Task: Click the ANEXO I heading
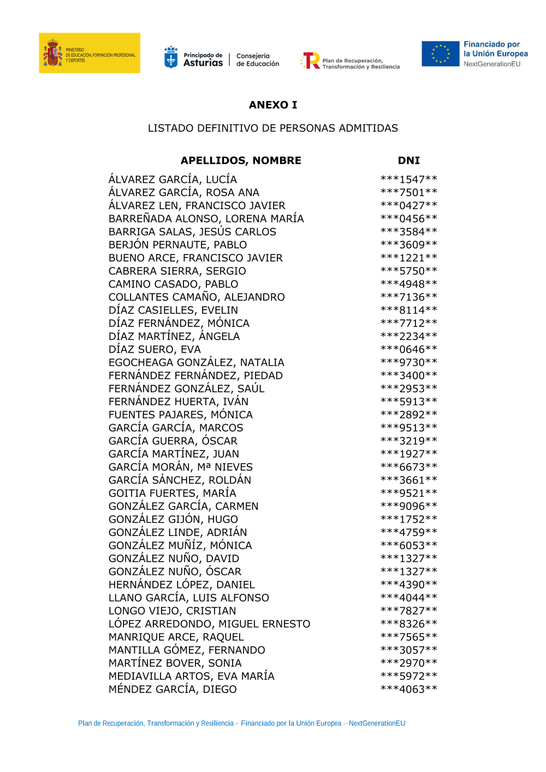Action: (x=273, y=105)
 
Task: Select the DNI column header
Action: (x=408, y=161)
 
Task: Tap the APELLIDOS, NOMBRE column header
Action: (x=241, y=161)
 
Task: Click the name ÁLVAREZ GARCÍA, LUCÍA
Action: (x=173, y=180)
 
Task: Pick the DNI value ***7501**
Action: (x=408, y=193)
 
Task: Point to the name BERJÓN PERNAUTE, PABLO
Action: (x=177, y=245)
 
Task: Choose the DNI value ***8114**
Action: (x=408, y=310)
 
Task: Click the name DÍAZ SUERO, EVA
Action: (x=155, y=349)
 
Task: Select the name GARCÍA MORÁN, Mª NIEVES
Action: (x=181, y=467)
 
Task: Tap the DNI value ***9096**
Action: (x=408, y=506)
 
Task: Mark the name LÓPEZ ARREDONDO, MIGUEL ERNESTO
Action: (x=209, y=624)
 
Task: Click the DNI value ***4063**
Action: (x=408, y=690)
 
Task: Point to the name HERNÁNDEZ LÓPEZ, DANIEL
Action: (x=182, y=585)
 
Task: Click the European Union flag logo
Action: (x=440, y=54)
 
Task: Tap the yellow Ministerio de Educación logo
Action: (x=90, y=53)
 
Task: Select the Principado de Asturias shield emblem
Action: (x=171, y=57)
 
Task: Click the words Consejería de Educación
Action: (x=257, y=60)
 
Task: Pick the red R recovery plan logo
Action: (x=311, y=60)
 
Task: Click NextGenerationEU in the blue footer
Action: (x=377, y=723)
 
